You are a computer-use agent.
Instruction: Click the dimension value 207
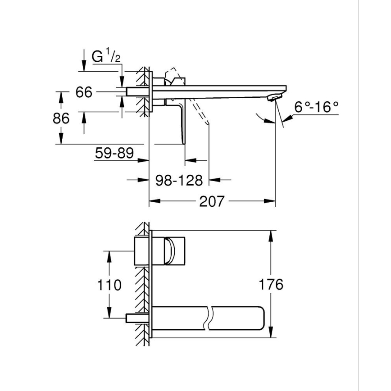point(212,201)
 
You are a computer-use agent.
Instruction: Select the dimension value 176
point(271,284)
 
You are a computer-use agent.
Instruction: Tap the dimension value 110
point(109,285)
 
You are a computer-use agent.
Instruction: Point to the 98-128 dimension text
point(179,180)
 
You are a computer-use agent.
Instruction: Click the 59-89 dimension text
point(114,153)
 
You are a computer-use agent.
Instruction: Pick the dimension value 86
point(61,118)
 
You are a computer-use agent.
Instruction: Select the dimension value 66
point(84,92)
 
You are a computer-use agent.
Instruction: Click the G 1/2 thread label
point(105,57)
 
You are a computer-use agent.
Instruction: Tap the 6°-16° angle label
point(316,107)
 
